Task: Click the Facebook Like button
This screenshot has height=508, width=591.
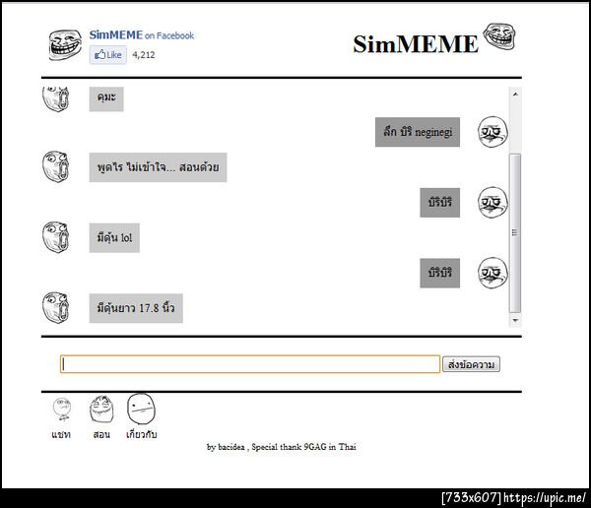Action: pos(107,55)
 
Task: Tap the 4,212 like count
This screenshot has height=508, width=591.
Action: pos(144,55)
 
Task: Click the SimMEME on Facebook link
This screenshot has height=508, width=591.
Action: pos(142,35)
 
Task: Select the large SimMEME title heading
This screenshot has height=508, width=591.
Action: pos(416,44)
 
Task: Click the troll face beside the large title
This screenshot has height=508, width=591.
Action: pos(499,36)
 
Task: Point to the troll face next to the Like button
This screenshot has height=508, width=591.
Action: pos(65,45)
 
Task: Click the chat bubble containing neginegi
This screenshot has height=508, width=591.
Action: pos(418,132)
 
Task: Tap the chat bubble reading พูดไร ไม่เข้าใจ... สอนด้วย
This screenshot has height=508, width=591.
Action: pos(158,167)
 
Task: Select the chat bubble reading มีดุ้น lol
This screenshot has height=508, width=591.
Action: pos(114,238)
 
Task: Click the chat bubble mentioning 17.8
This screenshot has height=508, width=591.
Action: pos(136,308)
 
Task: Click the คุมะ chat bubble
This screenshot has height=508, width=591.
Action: pos(106,98)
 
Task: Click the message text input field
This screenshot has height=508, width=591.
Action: pos(250,364)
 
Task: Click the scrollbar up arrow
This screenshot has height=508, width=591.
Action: pos(515,94)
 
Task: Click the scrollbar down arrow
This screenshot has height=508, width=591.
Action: pos(515,321)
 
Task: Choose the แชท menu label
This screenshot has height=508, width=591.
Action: pos(61,434)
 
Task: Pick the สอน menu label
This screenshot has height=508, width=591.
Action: pos(101,434)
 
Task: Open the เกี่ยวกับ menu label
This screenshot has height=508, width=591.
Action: pos(141,434)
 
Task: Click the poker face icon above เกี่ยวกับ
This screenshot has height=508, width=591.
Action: pos(141,409)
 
